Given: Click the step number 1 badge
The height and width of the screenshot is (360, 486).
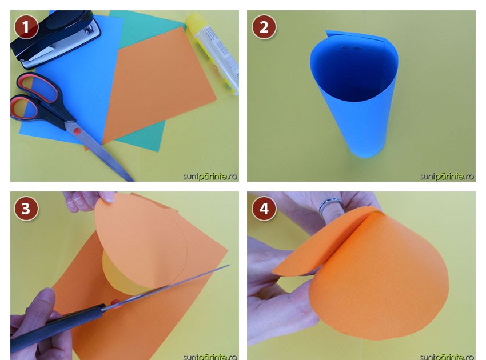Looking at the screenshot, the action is (x=26, y=27).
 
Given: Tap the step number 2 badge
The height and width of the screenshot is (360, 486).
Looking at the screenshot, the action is (x=264, y=27).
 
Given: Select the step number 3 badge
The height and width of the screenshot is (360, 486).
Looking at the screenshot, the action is (x=26, y=208).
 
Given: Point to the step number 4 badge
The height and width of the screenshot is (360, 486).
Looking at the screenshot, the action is (x=264, y=208).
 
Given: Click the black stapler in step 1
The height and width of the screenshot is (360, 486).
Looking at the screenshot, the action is (x=54, y=39).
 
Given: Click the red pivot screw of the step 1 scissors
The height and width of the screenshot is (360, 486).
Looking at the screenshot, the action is (x=77, y=131).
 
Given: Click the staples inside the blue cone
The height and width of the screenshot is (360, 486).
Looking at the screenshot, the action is (x=351, y=49).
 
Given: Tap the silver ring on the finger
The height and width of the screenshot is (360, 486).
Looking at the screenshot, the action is (x=331, y=205).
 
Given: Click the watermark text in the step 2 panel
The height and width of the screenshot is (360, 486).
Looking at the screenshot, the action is (x=447, y=177).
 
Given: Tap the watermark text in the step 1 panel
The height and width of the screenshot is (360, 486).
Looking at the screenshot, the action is (x=210, y=177).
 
